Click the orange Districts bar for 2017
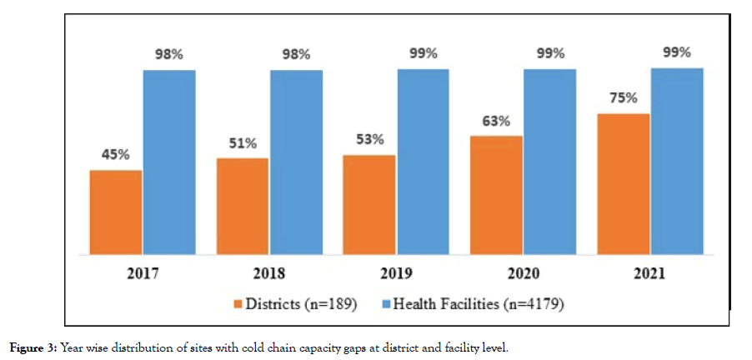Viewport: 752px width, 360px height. [116, 212]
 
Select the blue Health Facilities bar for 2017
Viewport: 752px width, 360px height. [169, 162]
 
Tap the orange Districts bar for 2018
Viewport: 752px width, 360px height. [243, 206]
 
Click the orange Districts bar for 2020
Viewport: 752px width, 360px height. [497, 194]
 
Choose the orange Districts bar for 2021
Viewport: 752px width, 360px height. [624, 183]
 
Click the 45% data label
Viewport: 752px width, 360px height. [115, 154]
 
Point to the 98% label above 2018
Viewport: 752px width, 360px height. [296, 54]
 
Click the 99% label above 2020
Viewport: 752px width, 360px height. [549, 54]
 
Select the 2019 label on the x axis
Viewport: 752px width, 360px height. [397, 273]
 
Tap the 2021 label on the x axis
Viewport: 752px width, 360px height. [650, 273]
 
